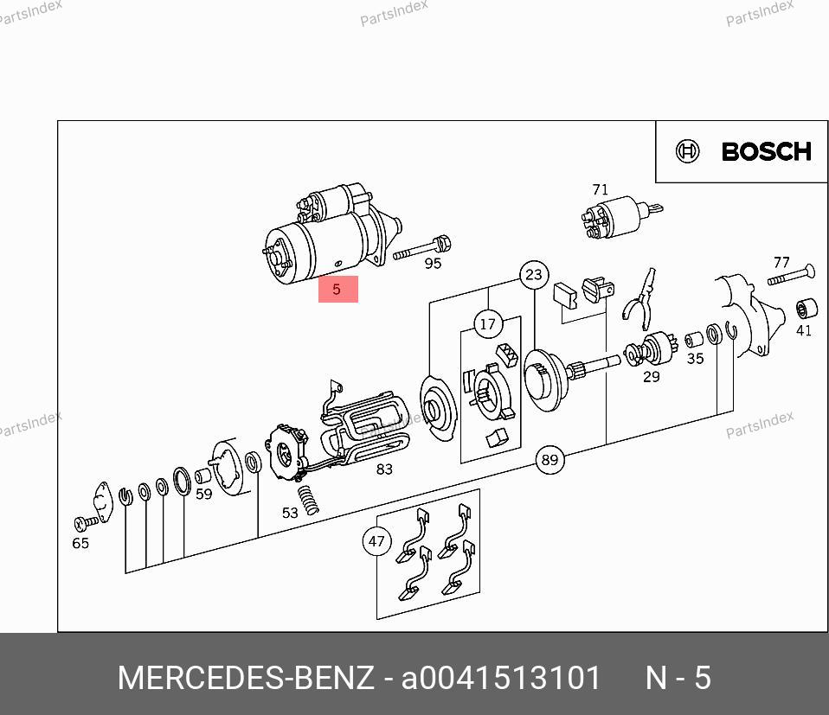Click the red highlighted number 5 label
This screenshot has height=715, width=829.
(x=337, y=290)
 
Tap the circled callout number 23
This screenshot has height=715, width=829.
(x=534, y=275)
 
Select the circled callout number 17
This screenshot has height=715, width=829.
(x=488, y=324)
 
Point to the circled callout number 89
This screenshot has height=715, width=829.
(x=549, y=459)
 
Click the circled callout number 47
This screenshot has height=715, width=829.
(x=376, y=541)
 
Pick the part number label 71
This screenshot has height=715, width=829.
(x=600, y=189)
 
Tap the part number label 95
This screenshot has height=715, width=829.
(x=433, y=264)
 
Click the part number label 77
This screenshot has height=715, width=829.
(x=781, y=263)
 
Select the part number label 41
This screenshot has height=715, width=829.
(x=804, y=330)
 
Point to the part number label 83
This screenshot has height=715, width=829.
(x=384, y=469)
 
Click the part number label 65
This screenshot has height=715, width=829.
(x=80, y=543)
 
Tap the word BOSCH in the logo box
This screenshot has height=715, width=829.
(x=766, y=152)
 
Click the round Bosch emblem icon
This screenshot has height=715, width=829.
(x=687, y=151)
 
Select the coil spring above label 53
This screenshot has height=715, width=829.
(x=308, y=500)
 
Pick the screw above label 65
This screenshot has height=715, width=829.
(x=87, y=523)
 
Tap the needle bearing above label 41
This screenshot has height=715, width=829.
(x=807, y=309)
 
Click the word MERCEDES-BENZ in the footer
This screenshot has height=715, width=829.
(x=245, y=678)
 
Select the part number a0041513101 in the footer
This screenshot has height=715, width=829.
(x=501, y=678)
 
